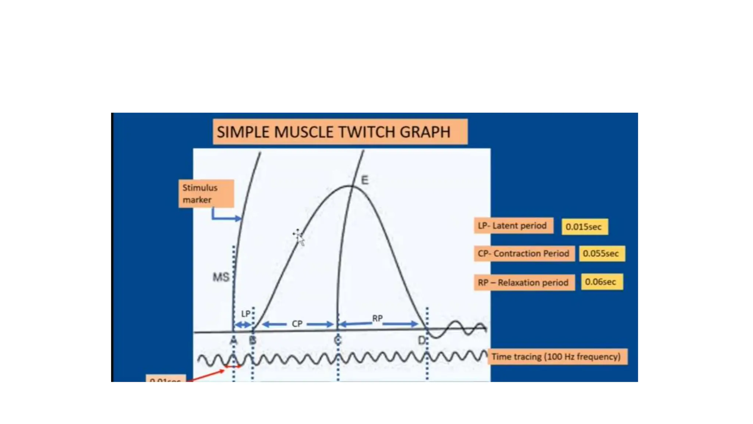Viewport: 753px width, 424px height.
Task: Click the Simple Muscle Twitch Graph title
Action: click(x=340, y=132)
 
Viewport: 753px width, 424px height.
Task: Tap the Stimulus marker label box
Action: click(x=206, y=194)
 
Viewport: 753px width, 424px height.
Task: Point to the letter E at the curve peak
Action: click(x=364, y=180)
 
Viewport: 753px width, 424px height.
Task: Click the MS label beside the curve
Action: click(x=221, y=277)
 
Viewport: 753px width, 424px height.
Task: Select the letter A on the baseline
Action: click(x=233, y=340)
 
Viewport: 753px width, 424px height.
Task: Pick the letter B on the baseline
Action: click(x=253, y=340)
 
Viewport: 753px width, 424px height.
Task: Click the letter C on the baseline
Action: click(x=338, y=340)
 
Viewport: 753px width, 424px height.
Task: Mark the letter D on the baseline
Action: click(x=422, y=340)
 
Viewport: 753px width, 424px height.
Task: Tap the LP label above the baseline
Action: click(x=246, y=314)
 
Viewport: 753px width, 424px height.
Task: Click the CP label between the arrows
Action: click(x=297, y=324)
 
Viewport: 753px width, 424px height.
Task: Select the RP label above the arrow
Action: click(x=377, y=318)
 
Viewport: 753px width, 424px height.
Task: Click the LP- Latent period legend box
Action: click(x=513, y=226)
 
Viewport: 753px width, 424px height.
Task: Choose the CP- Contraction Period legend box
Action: click(x=524, y=254)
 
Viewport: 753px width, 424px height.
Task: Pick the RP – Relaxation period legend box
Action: click(x=524, y=282)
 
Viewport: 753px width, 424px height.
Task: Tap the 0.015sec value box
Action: click(x=584, y=227)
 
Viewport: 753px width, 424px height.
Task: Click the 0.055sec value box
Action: click(x=602, y=254)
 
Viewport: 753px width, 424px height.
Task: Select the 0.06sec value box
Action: click(x=602, y=282)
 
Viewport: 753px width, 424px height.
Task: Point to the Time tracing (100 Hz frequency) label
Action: click(x=557, y=357)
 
